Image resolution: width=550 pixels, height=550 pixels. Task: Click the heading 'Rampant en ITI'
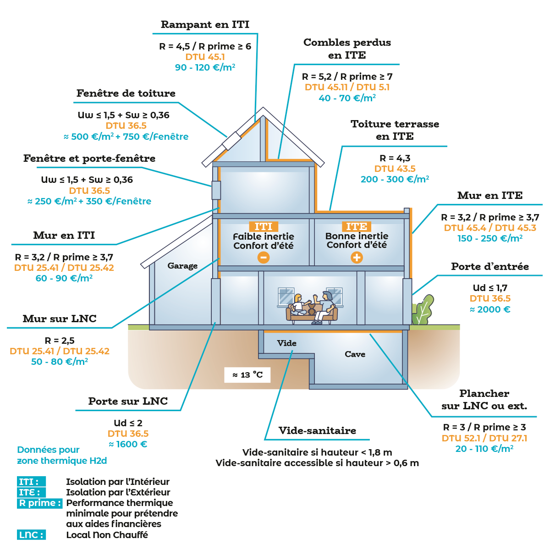click(205, 25)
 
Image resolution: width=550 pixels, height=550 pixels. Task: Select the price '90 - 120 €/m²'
click(205, 67)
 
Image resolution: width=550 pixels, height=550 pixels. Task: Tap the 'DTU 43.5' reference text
click(395, 169)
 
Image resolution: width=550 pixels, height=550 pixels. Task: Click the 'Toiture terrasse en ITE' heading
click(395, 130)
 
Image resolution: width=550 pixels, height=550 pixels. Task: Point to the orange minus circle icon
click(264, 258)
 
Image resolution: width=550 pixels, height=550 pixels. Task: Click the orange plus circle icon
click(357, 258)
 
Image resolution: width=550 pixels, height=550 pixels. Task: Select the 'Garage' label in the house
click(182, 266)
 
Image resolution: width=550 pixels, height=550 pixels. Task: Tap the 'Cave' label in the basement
click(355, 354)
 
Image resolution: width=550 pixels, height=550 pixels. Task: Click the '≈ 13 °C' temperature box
click(247, 375)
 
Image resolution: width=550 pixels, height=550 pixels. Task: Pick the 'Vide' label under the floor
click(286, 343)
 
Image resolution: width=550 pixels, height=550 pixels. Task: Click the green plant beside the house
click(423, 311)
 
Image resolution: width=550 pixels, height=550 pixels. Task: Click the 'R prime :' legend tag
click(40, 503)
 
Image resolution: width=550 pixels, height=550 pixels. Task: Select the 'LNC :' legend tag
click(31, 535)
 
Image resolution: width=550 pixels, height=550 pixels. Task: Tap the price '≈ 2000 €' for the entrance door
click(490, 309)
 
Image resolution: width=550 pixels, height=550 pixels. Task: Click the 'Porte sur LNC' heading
click(128, 401)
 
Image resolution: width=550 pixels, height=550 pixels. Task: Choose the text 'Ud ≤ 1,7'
click(490, 288)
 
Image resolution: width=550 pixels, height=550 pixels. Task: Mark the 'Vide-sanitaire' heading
click(317, 431)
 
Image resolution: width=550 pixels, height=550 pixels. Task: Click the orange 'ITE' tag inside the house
click(356, 226)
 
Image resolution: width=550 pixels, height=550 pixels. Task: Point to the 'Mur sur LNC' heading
click(60, 319)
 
